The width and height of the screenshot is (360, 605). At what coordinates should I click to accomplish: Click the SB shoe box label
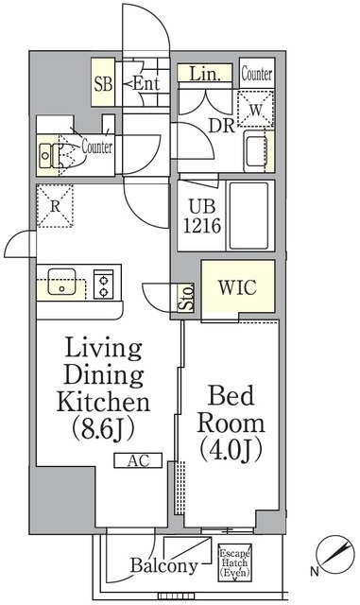pyautogui.click(x=103, y=84)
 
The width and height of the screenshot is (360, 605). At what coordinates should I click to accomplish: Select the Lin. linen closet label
pyautogui.click(x=204, y=74)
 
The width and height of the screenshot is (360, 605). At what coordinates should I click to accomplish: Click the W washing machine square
pyautogui.click(x=255, y=109)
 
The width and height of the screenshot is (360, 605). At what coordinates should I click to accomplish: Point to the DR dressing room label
pyautogui.click(x=222, y=126)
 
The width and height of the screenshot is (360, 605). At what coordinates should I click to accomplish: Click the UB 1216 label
pyautogui.click(x=202, y=216)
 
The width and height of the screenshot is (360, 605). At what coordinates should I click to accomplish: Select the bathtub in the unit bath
pyautogui.click(x=249, y=216)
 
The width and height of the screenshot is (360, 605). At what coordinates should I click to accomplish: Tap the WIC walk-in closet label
pyautogui.click(x=237, y=287)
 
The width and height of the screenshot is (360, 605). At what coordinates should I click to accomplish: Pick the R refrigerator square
pyautogui.click(x=55, y=206)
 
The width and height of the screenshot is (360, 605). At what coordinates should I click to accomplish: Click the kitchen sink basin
pyautogui.click(x=61, y=282)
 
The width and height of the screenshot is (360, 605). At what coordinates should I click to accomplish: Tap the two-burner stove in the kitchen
pyautogui.click(x=103, y=284)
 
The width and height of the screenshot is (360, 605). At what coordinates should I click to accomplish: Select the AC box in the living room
pyautogui.click(x=138, y=460)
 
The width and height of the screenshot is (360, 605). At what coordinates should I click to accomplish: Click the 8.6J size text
pyautogui.click(x=103, y=428)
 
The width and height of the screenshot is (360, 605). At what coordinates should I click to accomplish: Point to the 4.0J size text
pyautogui.click(x=231, y=449)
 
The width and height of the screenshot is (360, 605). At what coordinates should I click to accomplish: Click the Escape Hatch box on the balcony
pyautogui.click(x=234, y=563)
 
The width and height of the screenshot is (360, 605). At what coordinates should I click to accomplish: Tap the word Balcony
pyautogui.click(x=164, y=565)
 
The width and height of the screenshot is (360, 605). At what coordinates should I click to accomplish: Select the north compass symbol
pyautogui.click(x=334, y=555)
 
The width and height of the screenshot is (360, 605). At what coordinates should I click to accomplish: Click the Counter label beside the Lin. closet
pyautogui.click(x=257, y=74)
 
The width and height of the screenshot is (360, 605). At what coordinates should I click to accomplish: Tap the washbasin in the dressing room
pyautogui.click(x=256, y=150)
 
